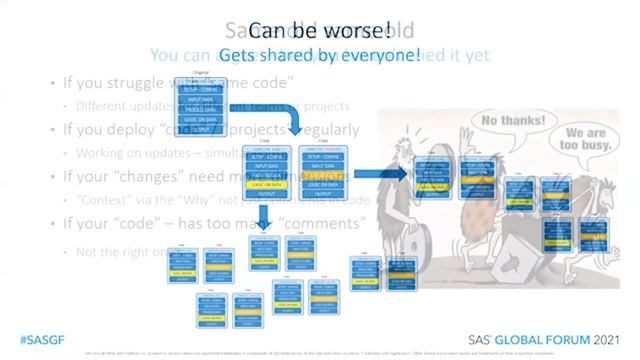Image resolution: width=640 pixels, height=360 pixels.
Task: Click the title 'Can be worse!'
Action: tap(319, 30)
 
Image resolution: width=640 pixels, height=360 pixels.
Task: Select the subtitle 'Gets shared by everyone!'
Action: tap(320, 54)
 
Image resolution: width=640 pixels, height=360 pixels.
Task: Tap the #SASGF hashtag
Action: tap(37, 338)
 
